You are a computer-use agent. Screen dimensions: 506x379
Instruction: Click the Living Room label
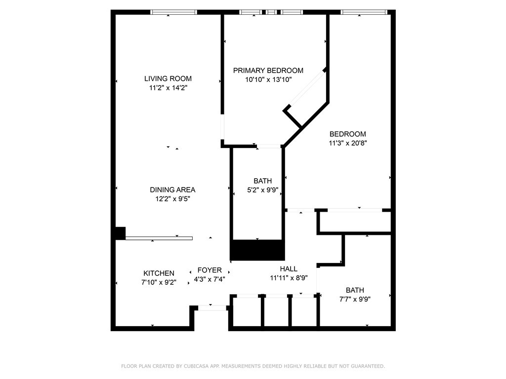tap(168, 78)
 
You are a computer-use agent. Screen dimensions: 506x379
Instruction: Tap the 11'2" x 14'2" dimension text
tap(168, 88)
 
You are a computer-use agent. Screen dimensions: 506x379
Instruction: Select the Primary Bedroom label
tap(268, 70)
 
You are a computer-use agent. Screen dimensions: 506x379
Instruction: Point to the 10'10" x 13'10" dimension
tap(268, 79)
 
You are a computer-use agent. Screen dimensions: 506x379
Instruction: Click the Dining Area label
tap(172, 190)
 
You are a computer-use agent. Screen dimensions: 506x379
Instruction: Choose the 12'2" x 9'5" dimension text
tap(172, 199)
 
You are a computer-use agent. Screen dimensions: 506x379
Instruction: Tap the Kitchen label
tap(159, 273)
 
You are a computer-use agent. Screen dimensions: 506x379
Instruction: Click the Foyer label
tap(210, 270)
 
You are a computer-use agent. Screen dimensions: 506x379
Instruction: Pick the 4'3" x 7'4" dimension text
tap(210, 279)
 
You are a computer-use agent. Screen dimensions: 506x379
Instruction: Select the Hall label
tap(289, 269)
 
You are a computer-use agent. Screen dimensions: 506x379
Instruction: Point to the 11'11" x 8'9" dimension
tap(289, 277)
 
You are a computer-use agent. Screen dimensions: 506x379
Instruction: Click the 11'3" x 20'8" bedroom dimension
tap(348, 143)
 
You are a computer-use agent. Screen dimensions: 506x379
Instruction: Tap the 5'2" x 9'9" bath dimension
tap(263, 190)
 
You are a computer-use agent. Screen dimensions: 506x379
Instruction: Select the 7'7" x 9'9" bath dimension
tap(355, 299)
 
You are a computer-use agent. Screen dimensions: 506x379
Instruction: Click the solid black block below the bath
tap(257, 250)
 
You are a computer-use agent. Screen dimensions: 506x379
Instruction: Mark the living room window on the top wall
tap(173, 12)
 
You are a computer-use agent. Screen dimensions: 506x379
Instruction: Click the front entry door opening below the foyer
tap(212, 308)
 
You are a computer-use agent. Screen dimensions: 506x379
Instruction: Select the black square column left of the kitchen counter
tap(121, 233)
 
